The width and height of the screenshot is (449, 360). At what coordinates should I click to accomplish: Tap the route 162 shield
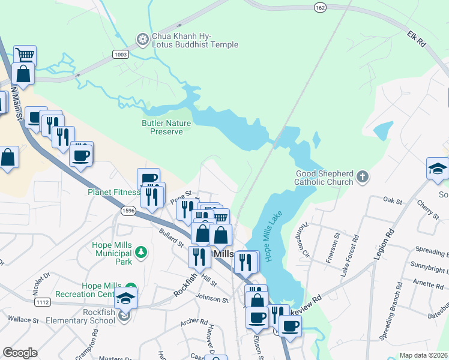point(319,7)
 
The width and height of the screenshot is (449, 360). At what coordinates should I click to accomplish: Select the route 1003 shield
point(121,54)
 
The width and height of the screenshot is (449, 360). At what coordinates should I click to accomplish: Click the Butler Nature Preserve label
point(166,127)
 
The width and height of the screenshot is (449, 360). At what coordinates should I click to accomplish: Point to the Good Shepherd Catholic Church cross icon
point(362,176)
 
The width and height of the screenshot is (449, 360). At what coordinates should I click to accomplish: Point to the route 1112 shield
point(42,302)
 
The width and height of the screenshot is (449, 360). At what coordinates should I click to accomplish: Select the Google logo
point(20,353)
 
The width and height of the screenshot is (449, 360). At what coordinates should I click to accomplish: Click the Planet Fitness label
point(113,193)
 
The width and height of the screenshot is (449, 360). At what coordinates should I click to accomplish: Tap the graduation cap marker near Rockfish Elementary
point(125,297)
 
